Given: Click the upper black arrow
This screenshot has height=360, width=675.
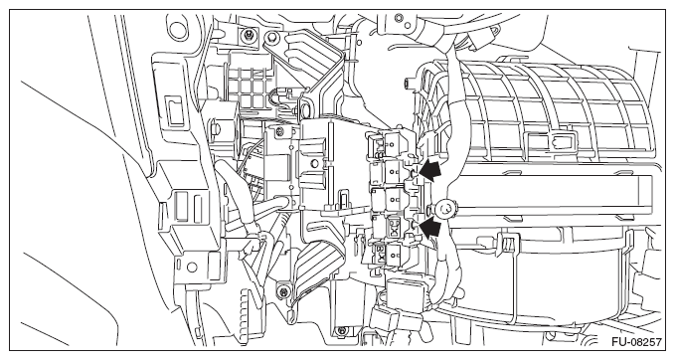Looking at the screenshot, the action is [x=430, y=170].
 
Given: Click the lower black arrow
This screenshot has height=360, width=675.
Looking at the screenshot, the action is [x=430, y=227].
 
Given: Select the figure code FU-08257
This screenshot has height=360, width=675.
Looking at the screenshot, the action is [x=636, y=342].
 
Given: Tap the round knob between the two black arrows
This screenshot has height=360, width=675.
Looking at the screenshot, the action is [x=445, y=210].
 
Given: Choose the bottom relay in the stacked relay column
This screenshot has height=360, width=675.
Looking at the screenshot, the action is [x=387, y=255].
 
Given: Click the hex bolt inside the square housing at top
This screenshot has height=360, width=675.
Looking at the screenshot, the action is [x=249, y=34].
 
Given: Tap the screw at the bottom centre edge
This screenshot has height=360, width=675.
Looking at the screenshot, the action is [x=341, y=331].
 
